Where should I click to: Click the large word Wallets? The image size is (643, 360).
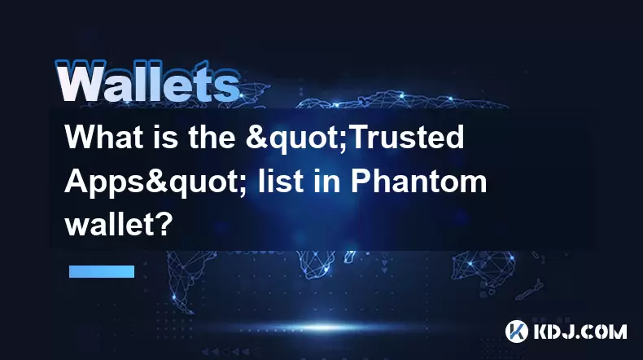pos(148,81)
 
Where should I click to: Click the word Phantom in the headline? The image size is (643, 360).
pos(418,181)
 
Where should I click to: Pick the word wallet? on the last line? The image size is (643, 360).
pos(119,225)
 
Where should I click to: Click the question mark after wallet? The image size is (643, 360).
pos(165,225)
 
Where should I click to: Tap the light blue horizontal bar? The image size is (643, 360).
pos(102,271)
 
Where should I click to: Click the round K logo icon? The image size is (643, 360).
pos(517,331)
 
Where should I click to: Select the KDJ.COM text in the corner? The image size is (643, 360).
pos(580,331)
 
